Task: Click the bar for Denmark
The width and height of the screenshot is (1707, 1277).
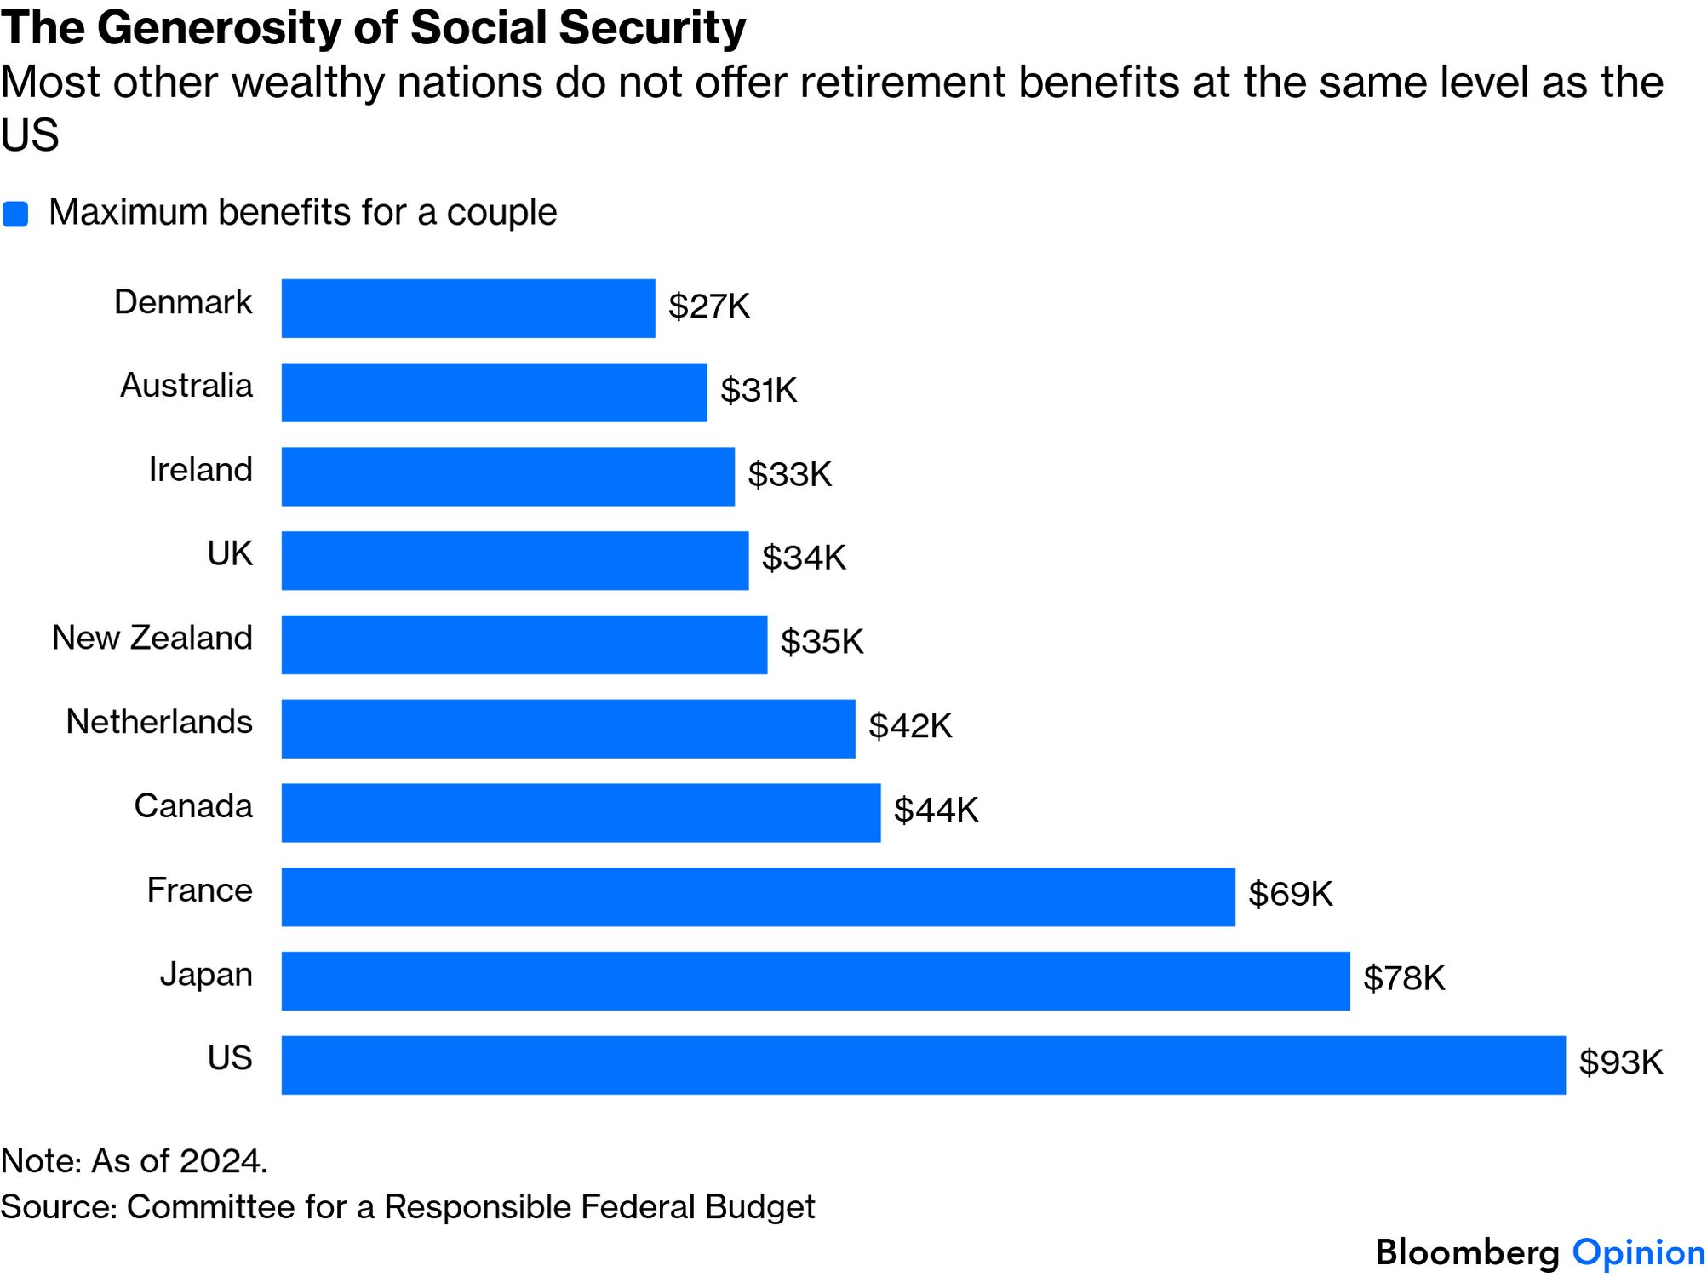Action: [x=468, y=308]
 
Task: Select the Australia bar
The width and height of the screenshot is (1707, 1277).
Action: [x=494, y=392]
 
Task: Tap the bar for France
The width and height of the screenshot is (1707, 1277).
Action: [x=758, y=896]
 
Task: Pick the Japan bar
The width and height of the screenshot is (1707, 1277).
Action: [x=815, y=981]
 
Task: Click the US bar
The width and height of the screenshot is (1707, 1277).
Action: [x=923, y=1065]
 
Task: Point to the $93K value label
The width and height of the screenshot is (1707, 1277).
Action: [x=1620, y=1062]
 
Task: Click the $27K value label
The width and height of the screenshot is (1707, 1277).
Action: [x=708, y=306]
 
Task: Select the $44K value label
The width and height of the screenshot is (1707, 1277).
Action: [x=936, y=810]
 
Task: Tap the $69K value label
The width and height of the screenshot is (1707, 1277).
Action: [x=1290, y=894]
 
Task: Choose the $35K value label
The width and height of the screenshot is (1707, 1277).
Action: [x=822, y=642]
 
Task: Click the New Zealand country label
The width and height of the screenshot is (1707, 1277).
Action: [x=152, y=638]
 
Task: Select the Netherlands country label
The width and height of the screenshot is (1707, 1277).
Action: [x=159, y=722]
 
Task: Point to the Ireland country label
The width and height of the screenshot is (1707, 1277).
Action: [x=200, y=470]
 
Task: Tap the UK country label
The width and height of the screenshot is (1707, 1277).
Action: [x=230, y=554]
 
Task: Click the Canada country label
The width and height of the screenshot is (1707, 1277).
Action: [x=193, y=806]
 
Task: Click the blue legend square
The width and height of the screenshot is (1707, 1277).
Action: [x=15, y=214]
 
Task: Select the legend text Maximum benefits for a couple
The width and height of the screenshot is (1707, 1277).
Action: [x=302, y=212]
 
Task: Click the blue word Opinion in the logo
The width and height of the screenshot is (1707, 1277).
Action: [x=1638, y=1253]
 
